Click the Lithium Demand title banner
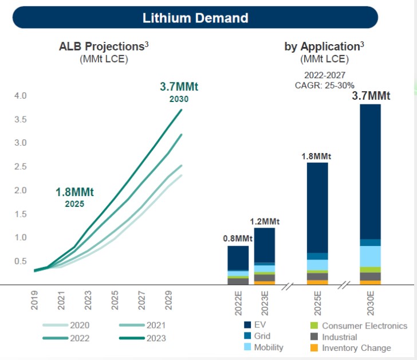coord(195,18)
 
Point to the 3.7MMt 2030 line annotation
coord(179,92)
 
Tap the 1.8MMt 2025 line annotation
coord(75,197)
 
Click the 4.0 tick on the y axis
coord(21,96)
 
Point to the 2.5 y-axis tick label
coord(21,167)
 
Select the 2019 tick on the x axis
coord(34,302)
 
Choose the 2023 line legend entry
coord(155,338)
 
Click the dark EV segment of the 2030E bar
coord(370,172)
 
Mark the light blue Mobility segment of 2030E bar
coord(370,256)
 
